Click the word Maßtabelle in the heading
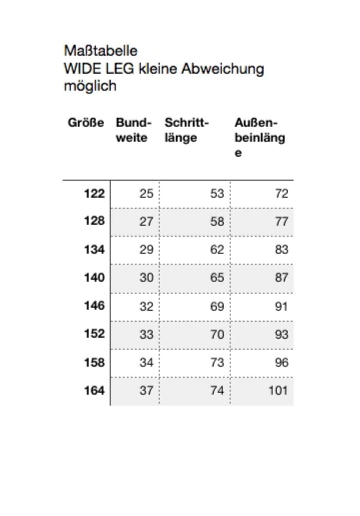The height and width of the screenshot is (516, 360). point(101,51)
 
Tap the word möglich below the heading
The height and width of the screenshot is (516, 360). point(90,86)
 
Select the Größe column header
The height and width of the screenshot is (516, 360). point(86,123)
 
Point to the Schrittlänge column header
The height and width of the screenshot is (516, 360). point(186,130)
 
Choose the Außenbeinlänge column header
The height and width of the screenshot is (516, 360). point(259,138)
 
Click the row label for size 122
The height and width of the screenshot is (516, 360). point(94,193)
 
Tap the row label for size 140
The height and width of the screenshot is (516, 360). point(94,278)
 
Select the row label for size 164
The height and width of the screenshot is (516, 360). point(94,390)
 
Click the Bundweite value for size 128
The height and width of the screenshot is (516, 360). point(146,221)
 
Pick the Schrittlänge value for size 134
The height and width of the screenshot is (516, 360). point(217,249)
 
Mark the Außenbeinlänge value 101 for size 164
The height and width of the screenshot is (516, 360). point(278,390)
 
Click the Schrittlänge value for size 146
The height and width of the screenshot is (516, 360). point(217,306)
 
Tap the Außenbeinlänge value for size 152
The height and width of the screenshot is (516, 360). point(281,334)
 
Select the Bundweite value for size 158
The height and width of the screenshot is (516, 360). point(146,362)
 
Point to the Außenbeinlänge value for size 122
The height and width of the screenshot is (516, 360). point(281,193)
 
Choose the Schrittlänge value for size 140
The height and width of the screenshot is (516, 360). point(217,278)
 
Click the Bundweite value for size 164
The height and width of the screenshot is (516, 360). point(146,390)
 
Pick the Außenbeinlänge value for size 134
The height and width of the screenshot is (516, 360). point(281,249)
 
